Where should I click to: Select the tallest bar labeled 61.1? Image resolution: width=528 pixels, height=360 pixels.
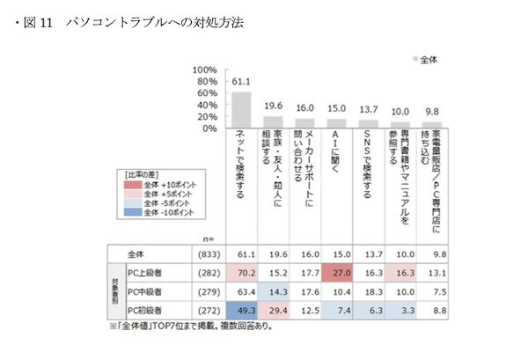click(241, 109)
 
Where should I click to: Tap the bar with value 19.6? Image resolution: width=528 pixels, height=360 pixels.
click(273, 121)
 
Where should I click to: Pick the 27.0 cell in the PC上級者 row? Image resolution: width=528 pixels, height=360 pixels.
click(337, 272)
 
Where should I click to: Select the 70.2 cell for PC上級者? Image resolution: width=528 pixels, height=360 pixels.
click(241, 272)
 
